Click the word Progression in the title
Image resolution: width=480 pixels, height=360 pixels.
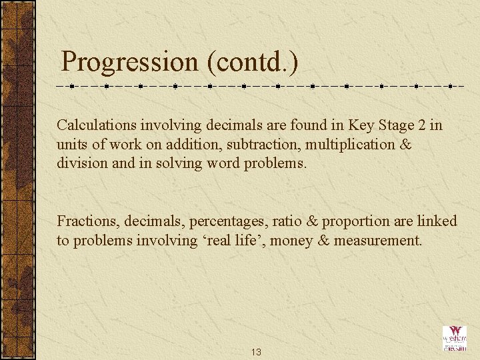(x=129, y=62)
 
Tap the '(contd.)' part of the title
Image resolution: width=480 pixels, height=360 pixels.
(x=252, y=62)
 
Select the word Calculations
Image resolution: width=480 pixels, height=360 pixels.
(x=96, y=125)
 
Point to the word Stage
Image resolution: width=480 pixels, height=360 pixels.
(x=397, y=125)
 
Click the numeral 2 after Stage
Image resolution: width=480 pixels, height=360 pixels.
(x=423, y=125)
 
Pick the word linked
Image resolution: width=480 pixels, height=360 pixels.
(x=437, y=221)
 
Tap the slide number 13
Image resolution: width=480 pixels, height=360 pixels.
(x=256, y=351)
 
